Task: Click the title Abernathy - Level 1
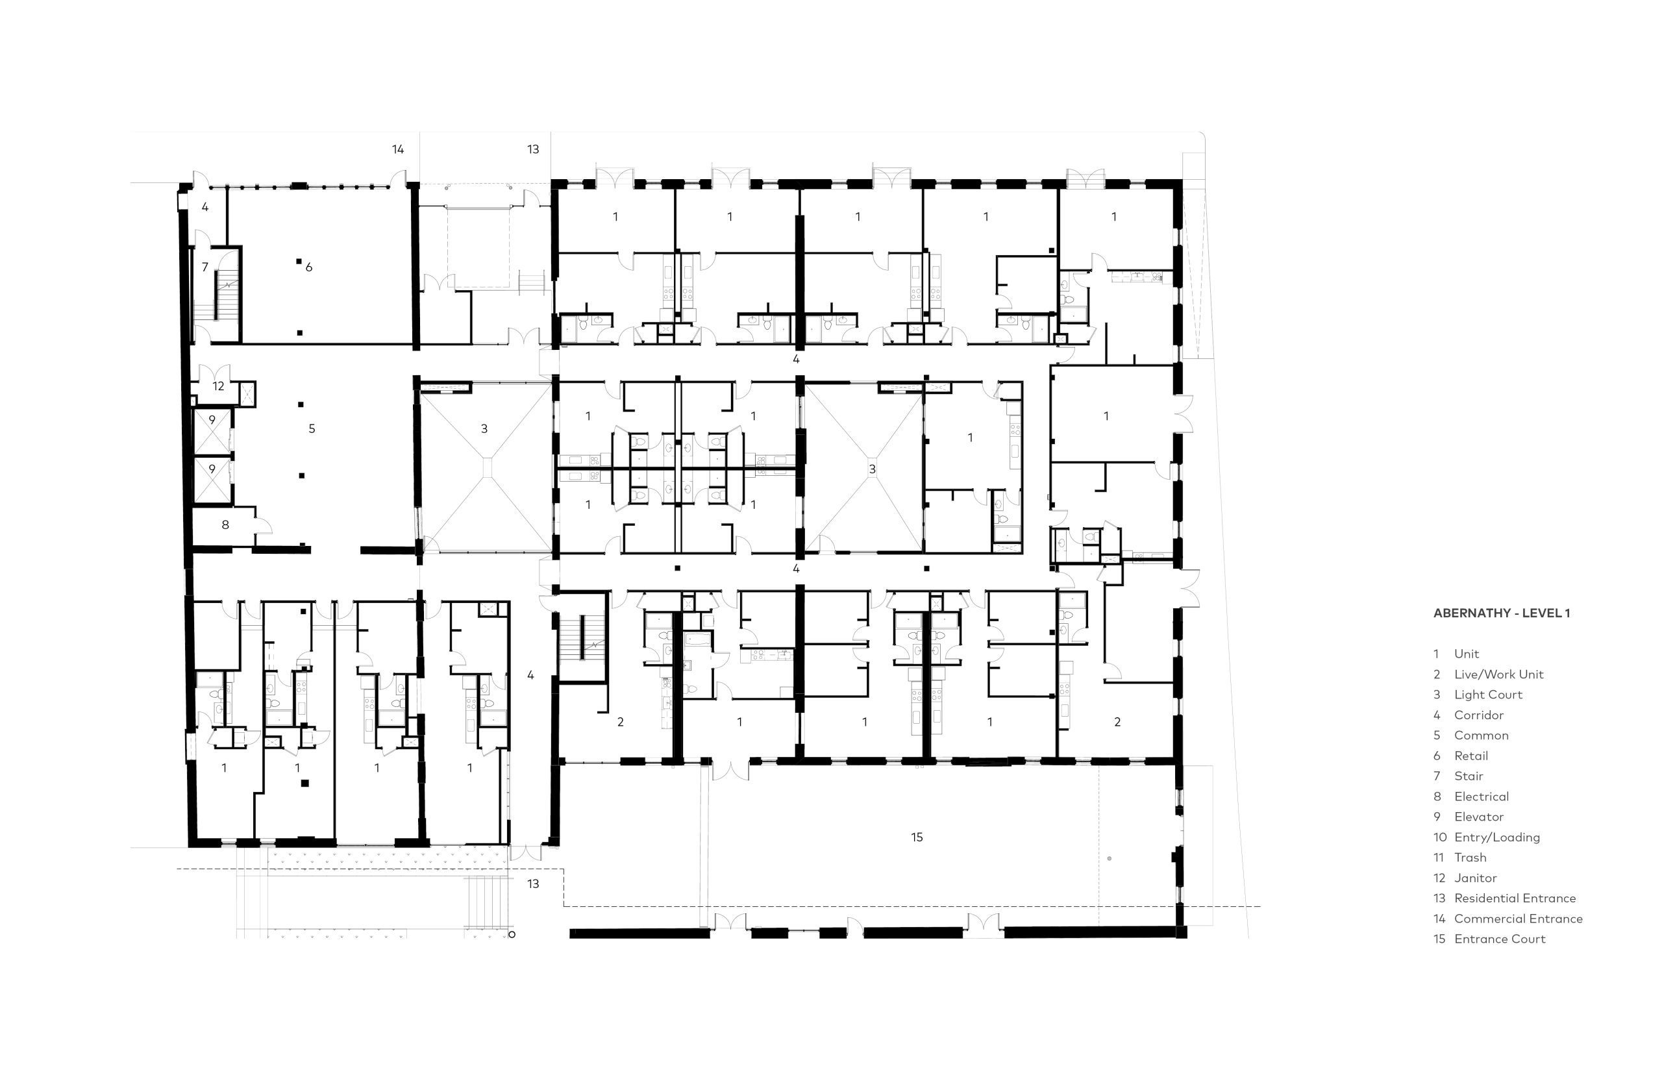click(1502, 613)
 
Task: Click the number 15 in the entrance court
click(917, 837)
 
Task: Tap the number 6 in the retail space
click(308, 267)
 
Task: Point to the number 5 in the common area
click(312, 428)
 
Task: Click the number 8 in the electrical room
click(225, 525)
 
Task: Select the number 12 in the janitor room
click(219, 386)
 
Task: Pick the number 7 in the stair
click(205, 267)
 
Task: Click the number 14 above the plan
click(398, 149)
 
